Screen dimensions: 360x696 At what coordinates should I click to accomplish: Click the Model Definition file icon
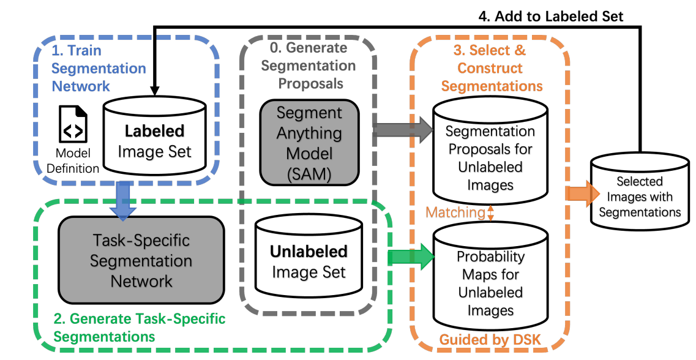(x=73, y=124)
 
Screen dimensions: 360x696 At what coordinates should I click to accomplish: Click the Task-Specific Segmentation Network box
(x=141, y=260)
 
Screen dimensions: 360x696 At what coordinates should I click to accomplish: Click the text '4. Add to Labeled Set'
(x=550, y=17)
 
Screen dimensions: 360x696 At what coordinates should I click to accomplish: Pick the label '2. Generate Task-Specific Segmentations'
(x=140, y=328)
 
